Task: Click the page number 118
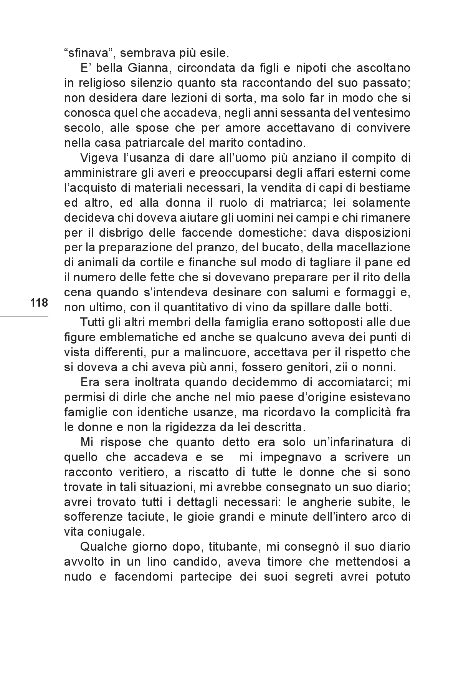click(39, 303)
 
